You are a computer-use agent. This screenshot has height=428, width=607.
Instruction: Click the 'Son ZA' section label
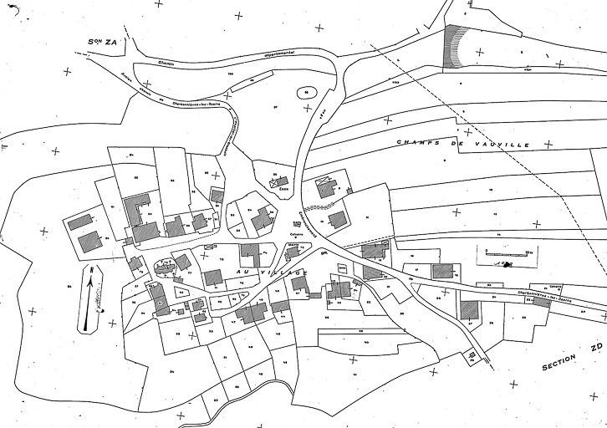coord(106,40)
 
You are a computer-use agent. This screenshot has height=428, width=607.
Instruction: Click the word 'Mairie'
coord(293,245)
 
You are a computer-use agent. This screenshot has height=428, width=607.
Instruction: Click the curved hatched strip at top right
coord(457,48)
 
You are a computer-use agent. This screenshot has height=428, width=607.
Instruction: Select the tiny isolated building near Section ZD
coord(472,356)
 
